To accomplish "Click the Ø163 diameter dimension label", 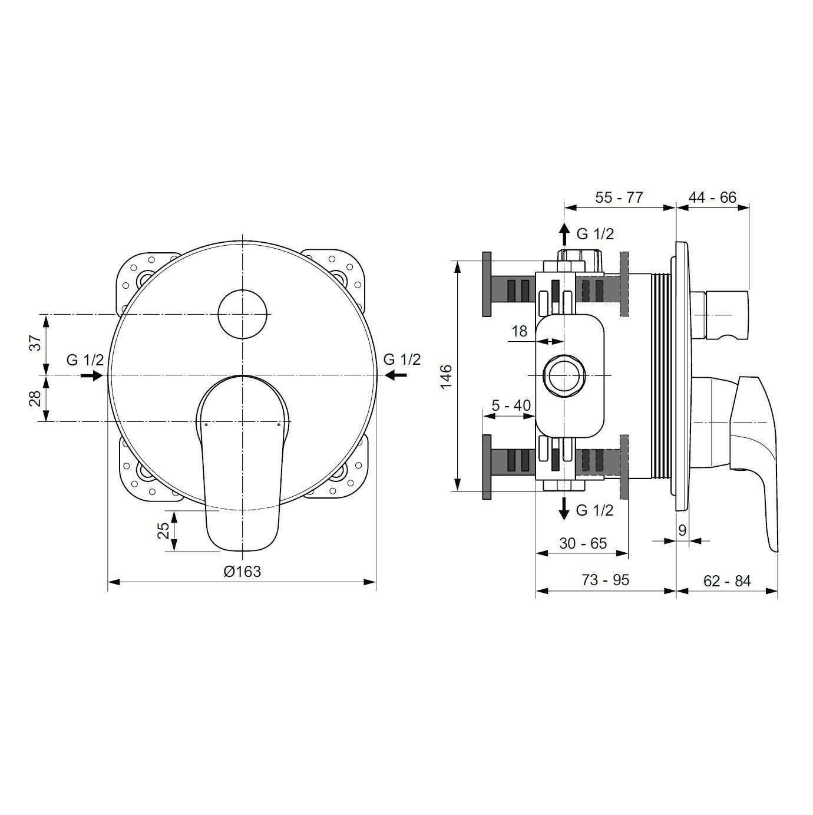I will tap(242, 571).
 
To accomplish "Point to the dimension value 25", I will tap(164, 530).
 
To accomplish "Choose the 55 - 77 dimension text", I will tap(619, 197).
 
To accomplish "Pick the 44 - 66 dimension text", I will tap(712, 197).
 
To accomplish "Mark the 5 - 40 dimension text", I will tap(511, 405).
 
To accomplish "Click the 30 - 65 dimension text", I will tap(583, 543).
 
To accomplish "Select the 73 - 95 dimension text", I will tap(605, 580).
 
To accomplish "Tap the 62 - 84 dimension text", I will tap(727, 581).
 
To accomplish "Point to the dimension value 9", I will tap(682, 530).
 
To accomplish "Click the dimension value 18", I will tap(519, 331).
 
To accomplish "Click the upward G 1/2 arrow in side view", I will tap(564, 235).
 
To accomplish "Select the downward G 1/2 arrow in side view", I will tap(564, 508).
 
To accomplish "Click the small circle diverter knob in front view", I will tap(242, 314).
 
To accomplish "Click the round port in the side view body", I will tap(564, 376).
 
